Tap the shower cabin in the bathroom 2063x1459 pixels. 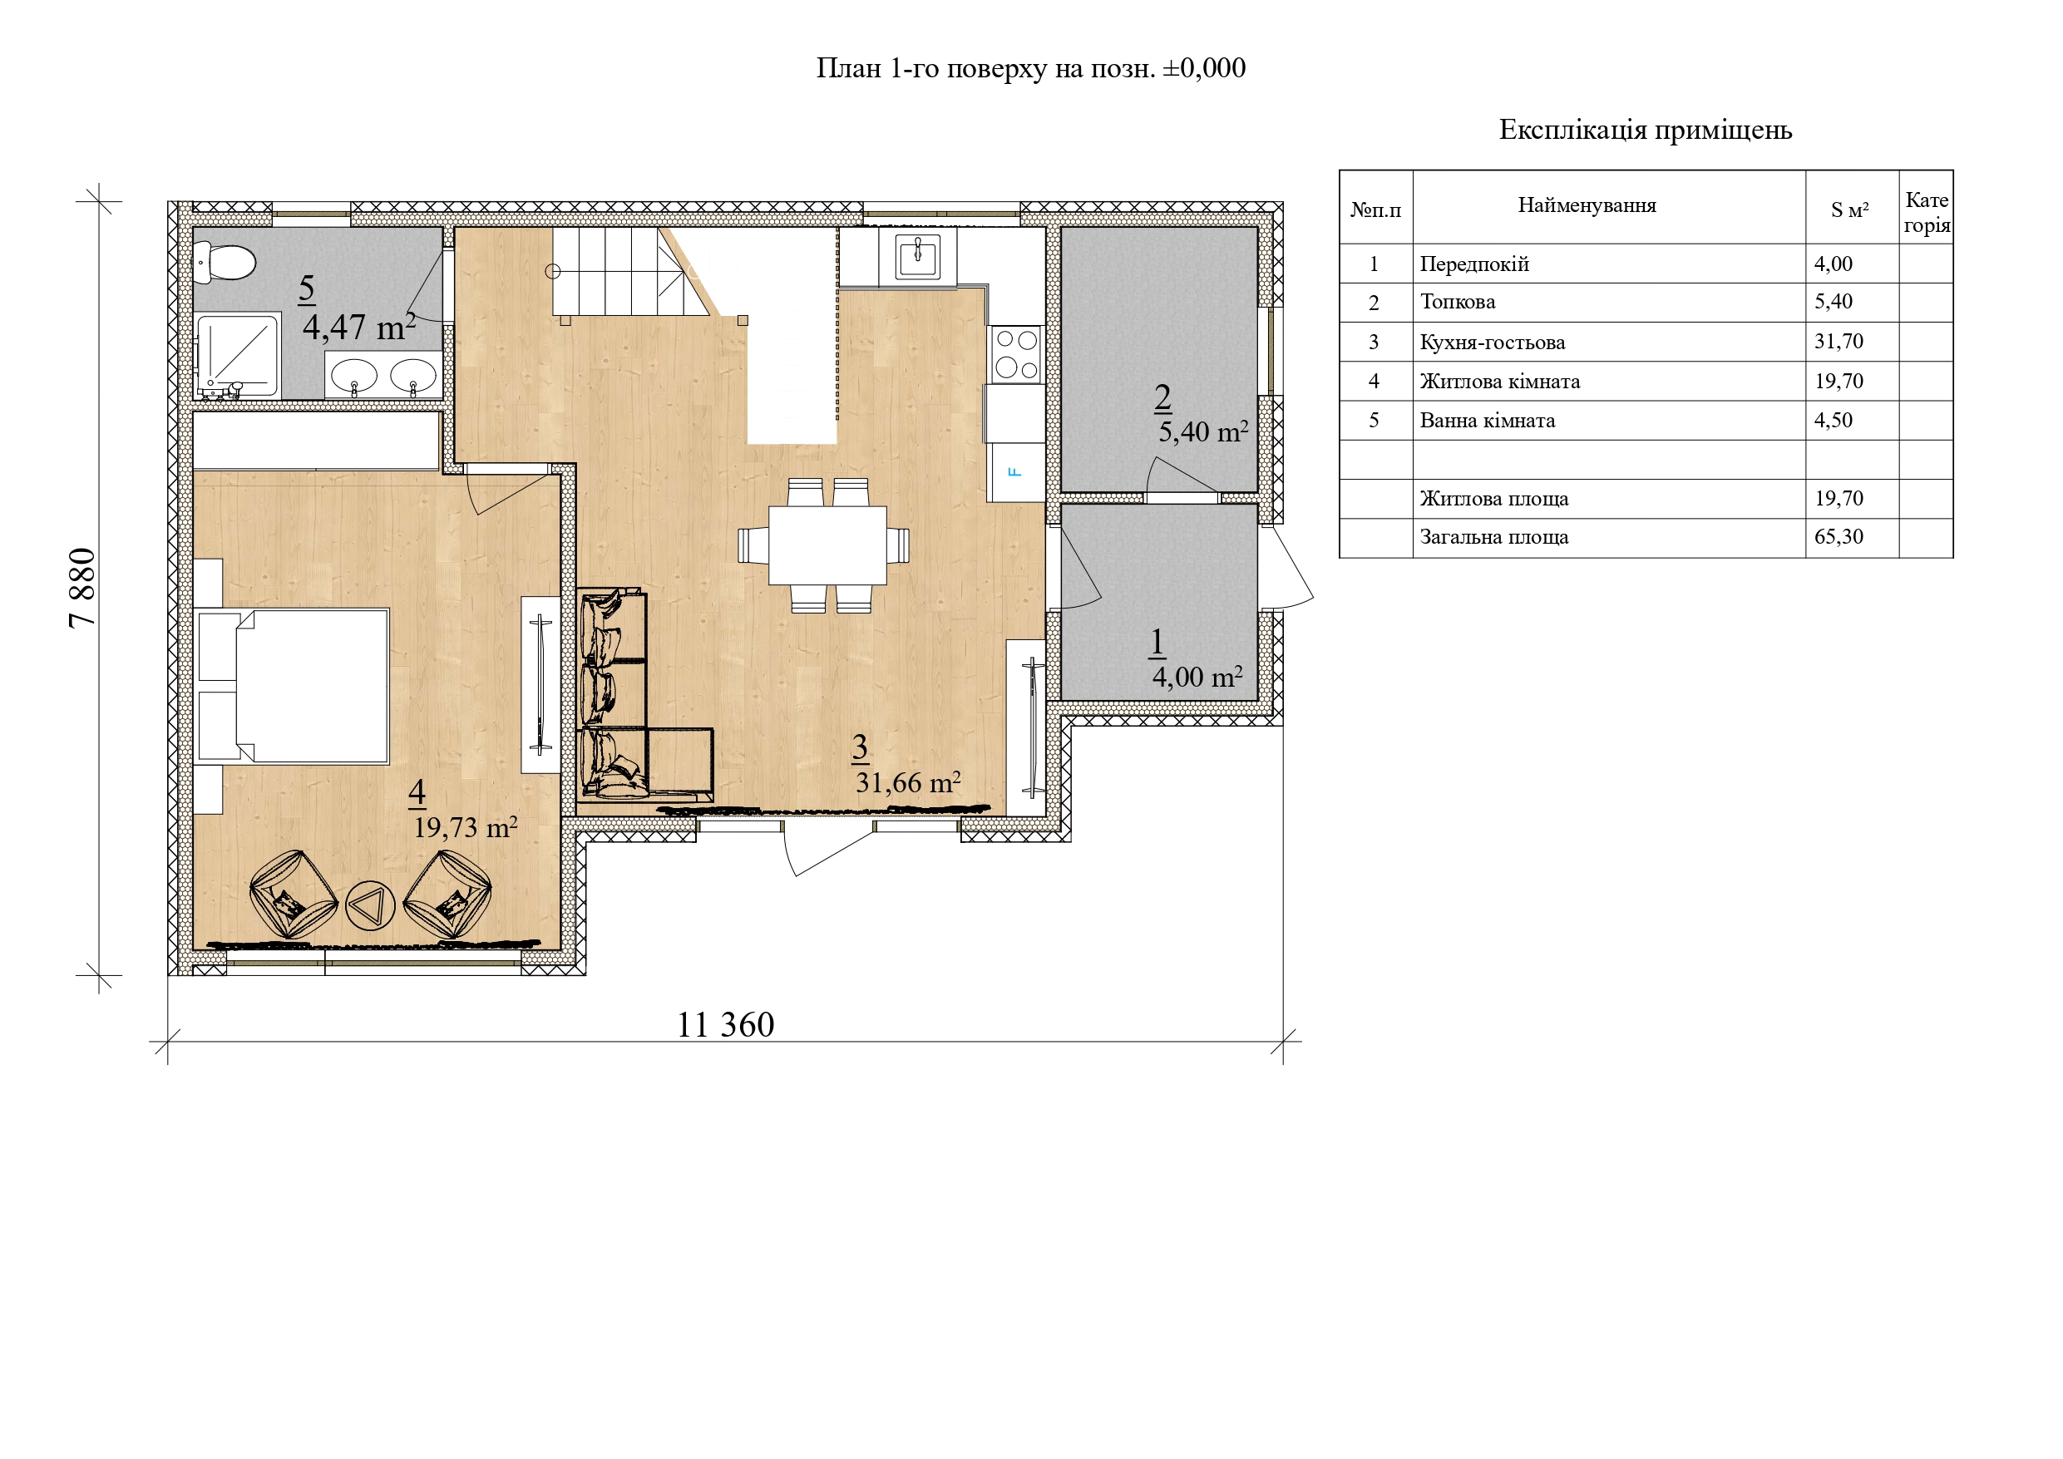[x=238, y=357]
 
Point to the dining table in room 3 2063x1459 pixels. [x=827, y=545]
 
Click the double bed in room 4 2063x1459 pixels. [x=292, y=687]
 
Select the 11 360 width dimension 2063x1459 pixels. [x=725, y=1025]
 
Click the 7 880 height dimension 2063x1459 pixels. [x=81, y=588]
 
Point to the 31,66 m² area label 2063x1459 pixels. [x=907, y=782]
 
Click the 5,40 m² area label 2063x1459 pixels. [x=1203, y=432]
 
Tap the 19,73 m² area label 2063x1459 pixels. [x=466, y=826]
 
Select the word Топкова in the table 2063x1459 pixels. [x=1458, y=302]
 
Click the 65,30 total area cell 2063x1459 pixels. [x=1838, y=537]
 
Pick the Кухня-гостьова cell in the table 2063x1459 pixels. [x=1493, y=343]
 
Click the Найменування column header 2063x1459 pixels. [x=1587, y=205]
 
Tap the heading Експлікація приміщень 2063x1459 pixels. [x=1646, y=131]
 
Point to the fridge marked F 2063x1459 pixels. [x=1016, y=471]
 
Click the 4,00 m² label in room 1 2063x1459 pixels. [x=1197, y=677]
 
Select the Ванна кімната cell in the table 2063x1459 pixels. [x=1487, y=421]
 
